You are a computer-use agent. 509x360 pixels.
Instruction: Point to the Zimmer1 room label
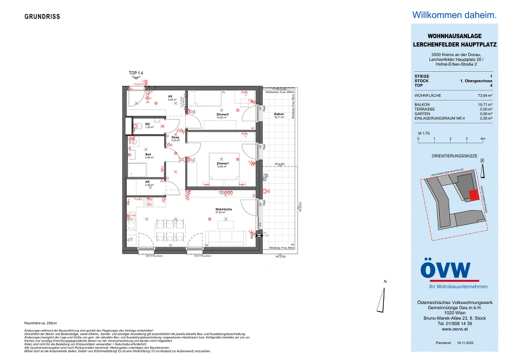click(x=221, y=164)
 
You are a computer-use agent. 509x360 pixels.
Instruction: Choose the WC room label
click(x=147, y=125)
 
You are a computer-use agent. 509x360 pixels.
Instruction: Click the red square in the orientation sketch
click(x=472, y=195)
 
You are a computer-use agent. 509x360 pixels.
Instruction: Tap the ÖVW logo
click(x=445, y=270)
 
